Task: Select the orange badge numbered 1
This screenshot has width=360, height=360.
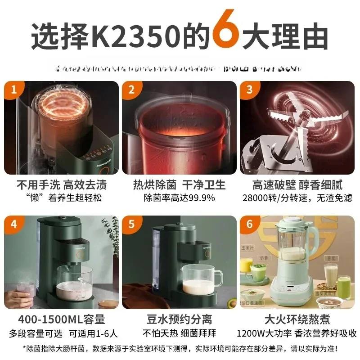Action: (x=13, y=90)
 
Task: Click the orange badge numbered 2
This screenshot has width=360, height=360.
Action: (x=131, y=90)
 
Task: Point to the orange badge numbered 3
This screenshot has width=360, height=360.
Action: (x=249, y=90)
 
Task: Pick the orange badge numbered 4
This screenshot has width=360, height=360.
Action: (x=13, y=224)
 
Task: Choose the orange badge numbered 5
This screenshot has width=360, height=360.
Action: (x=131, y=224)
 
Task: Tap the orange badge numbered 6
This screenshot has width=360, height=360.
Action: (x=249, y=224)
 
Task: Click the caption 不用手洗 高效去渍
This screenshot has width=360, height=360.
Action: (x=62, y=185)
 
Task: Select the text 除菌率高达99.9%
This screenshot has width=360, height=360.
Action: (x=179, y=198)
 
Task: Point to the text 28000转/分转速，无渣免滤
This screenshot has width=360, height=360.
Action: (x=297, y=198)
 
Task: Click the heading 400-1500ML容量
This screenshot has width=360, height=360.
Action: (x=62, y=319)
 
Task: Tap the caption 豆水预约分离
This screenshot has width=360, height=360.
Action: (x=179, y=319)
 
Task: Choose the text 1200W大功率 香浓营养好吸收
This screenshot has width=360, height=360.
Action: (x=297, y=333)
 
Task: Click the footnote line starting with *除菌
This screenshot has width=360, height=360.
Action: (x=180, y=348)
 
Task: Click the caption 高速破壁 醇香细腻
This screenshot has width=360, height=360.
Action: (x=297, y=185)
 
